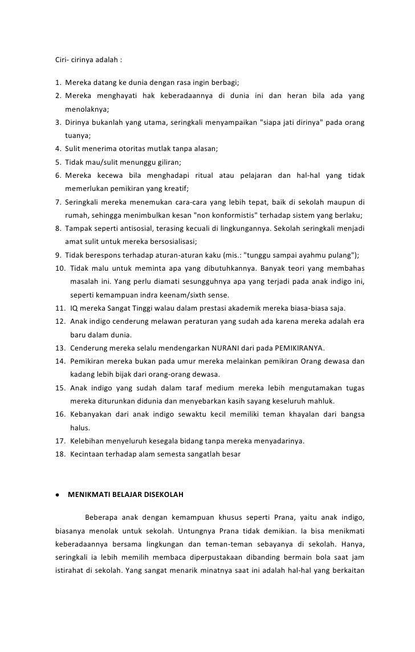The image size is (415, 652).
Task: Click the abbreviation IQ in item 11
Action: [x=74, y=308]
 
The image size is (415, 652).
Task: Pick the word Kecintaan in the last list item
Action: [x=86, y=454]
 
